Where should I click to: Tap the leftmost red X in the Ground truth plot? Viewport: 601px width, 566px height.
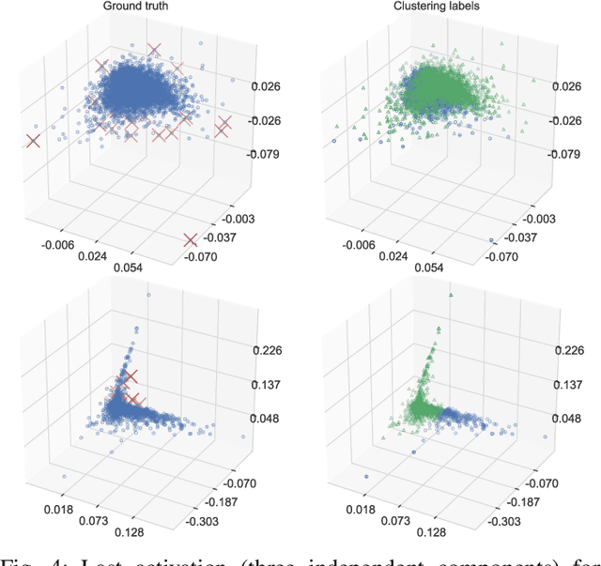[x=33, y=141]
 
